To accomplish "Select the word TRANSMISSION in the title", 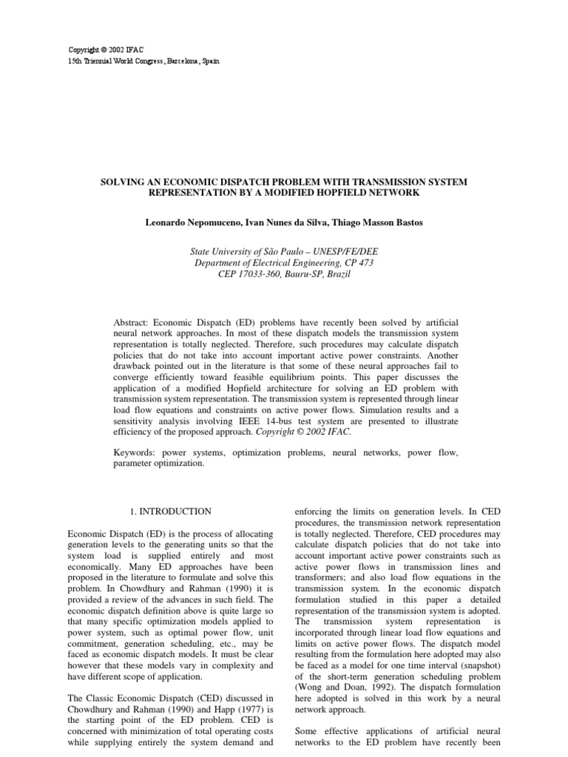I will (x=398, y=182).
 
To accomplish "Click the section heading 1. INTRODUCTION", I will (x=169, y=511).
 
